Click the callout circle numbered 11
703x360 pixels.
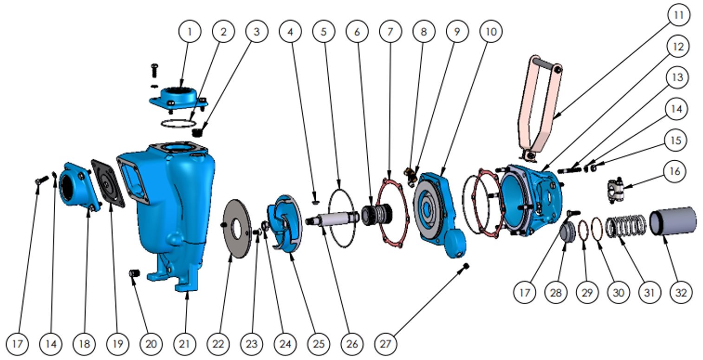pyautogui.click(x=678, y=15)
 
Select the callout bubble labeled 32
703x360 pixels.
pyautogui.click(x=682, y=293)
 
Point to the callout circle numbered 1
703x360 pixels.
pyautogui.click(x=189, y=32)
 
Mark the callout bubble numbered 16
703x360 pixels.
pyautogui.click(x=675, y=171)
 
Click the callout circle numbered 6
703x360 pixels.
pyautogui.click(x=357, y=32)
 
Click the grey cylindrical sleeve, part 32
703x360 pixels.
pyautogui.click(x=673, y=220)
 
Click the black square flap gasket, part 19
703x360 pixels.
pyautogui.click(x=108, y=183)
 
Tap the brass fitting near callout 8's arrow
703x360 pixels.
pyautogui.click(x=410, y=175)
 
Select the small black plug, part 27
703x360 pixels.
pyautogui.click(x=466, y=266)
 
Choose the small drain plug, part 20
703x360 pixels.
pyautogui.click(x=134, y=272)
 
